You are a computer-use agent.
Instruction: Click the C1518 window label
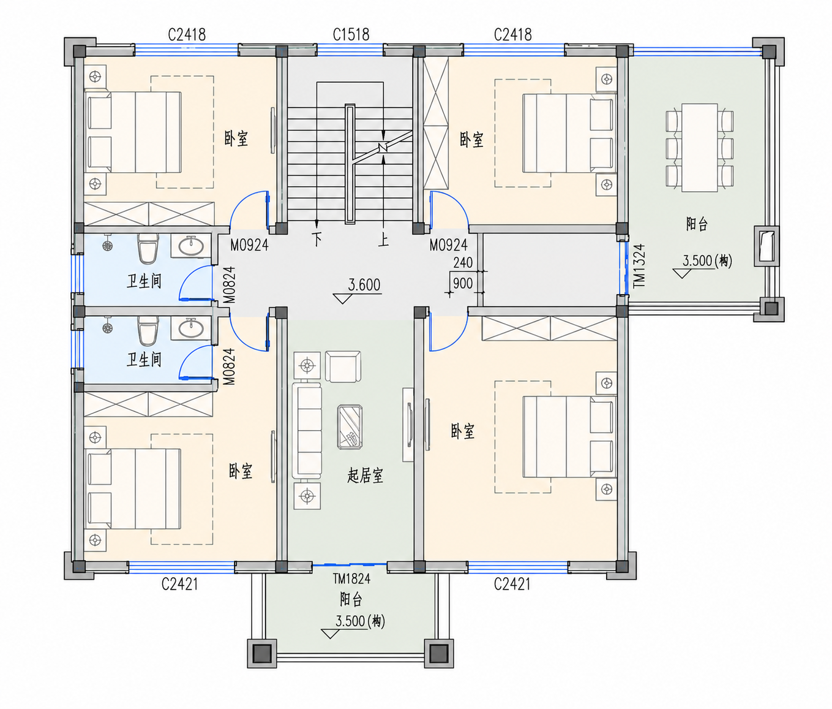pos(351,35)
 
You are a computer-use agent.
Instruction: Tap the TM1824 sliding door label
pos(351,579)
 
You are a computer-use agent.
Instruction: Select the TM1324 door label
pos(639,266)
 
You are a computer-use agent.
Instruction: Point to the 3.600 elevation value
pos(364,285)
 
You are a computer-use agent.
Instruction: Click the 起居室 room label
pos(365,476)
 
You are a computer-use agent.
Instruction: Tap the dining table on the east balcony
pos(700,148)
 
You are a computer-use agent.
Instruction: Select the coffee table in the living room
pos(350,427)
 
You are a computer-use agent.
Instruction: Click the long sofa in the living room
pos(307,431)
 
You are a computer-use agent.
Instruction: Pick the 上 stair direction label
pos(383,240)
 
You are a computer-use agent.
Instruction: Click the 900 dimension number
pos(463,283)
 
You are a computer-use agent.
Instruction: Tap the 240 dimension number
pos(463,263)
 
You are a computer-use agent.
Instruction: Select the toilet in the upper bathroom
pos(148,249)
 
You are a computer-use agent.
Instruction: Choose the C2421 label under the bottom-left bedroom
pos(179,584)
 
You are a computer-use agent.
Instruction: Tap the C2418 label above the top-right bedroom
pos(512,35)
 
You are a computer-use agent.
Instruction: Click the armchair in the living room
pos(343,366)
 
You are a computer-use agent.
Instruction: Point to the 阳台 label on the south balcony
pos(351,599)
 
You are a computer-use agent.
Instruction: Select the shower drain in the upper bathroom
pos(108,245)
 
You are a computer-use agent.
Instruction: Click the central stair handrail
pos(350,164)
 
